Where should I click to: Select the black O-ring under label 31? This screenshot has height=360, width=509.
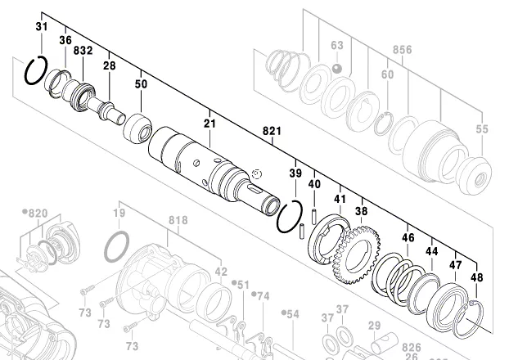click(38, 70)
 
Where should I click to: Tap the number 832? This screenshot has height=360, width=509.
click(83, 51)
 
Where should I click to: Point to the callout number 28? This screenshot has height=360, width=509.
click(109, 65)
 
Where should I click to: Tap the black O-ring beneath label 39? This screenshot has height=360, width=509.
click(289, 218)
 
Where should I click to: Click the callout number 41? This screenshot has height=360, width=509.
click(340, 199)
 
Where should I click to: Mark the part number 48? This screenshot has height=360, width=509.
click(476, 277)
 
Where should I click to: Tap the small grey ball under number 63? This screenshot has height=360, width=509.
click(337, 70)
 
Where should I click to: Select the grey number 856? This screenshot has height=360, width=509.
click(402, 50)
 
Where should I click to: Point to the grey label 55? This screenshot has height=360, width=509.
click(481, 129)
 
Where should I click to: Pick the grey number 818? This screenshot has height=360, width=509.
click(178, 221)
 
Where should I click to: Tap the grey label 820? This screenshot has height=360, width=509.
click(36, 213)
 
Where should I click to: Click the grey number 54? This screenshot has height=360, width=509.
click(292, 313)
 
